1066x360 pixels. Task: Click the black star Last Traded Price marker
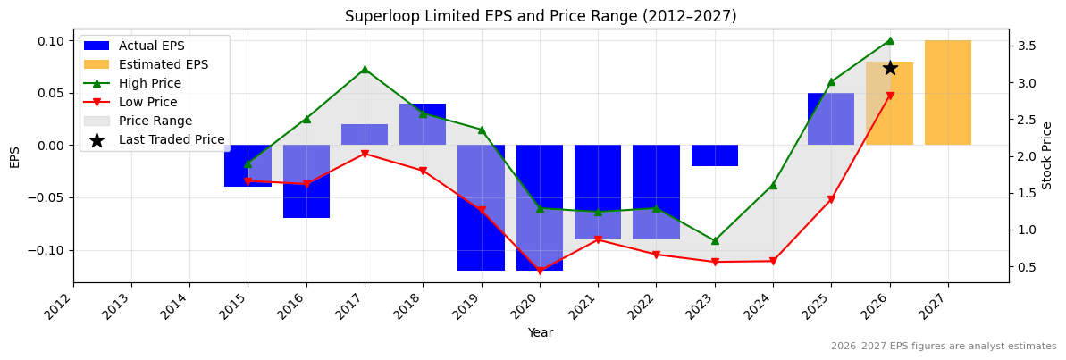(890, 68)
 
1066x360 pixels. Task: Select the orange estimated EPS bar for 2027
(948, 92)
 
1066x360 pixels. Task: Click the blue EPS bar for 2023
(715, 155)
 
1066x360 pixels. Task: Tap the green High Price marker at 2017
(365, 69)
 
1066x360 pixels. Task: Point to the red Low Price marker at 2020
(540, 271)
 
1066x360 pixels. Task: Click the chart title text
(541, 16)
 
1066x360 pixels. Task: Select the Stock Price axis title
(1047, 155)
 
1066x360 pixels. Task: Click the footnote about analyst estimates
(943, 347)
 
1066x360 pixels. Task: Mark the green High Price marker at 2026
(890, 40)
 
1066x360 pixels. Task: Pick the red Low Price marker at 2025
(831, 199)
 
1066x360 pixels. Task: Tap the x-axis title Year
(541, 333)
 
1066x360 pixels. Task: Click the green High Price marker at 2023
(715, 240)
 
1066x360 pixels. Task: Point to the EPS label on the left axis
(14, 156)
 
